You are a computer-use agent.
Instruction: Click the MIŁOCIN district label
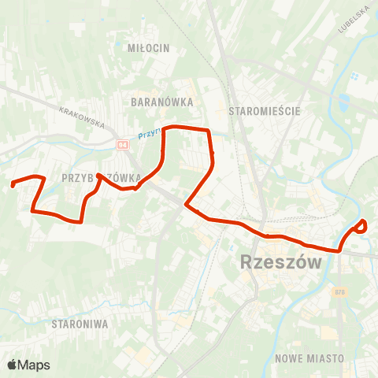tap(148, 48)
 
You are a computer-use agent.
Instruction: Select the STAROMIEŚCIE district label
tap(264, 111)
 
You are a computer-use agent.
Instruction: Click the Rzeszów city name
tap(280, 262)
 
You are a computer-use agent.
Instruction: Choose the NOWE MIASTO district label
tap(309, 358)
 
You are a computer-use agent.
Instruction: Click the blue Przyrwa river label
tap(148, 135)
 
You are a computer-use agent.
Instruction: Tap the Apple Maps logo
tap(28, 365)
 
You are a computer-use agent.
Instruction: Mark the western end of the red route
tap(13, 186)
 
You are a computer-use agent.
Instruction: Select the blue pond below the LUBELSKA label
tap(343, 102)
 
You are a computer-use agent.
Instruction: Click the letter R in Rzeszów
tap(246, 262)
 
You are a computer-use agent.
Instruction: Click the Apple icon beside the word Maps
tap(12, 364)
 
